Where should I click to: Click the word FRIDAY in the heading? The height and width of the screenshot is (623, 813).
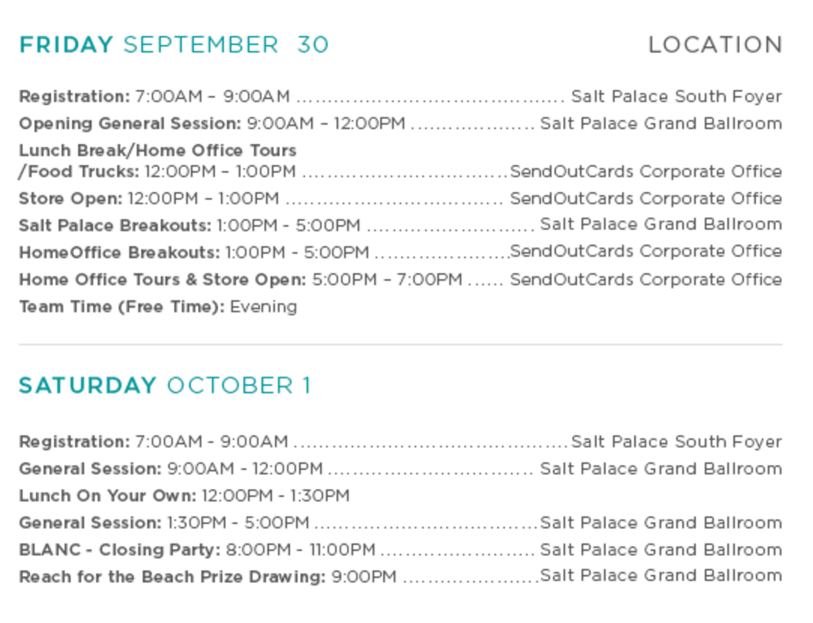(x=66, y=44)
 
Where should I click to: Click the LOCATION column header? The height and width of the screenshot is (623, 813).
(x=715, y=44)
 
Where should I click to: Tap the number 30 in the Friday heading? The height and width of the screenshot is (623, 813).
(x=313, y=44)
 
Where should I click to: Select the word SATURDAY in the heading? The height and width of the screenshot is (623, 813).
(x=88, y=385)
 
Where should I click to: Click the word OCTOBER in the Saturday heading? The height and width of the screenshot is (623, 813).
(x=230, y=385)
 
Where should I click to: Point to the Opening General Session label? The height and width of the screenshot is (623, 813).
(x=130, y=124)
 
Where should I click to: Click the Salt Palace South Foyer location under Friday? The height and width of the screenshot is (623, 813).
(x=677, y=96)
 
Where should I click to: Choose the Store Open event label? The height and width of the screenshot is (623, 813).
(x=71, y=198)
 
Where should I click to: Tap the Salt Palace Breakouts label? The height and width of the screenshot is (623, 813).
(x=115, y=225)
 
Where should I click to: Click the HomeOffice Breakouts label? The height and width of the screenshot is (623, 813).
(x=119, y=252)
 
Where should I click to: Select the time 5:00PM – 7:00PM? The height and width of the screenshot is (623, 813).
(x=387, y=280)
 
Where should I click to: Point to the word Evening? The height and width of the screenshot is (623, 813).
(x=264, y=306)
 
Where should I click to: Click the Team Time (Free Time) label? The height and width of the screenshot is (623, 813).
(x=122, y=306)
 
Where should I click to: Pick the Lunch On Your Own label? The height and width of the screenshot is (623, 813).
(x=108, y=495)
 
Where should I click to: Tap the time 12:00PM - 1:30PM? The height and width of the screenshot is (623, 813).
(x=275, y=495)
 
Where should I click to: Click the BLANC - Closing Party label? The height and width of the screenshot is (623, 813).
(x=119, y=549)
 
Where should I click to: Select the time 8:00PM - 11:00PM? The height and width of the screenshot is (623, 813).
(x=301, y=549)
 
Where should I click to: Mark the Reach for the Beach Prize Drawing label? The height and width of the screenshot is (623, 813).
(x=173, y=576)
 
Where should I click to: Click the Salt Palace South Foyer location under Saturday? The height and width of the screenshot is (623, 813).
(x=677, y=442)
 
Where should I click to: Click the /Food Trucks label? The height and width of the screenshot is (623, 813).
(x=79, y=171)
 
